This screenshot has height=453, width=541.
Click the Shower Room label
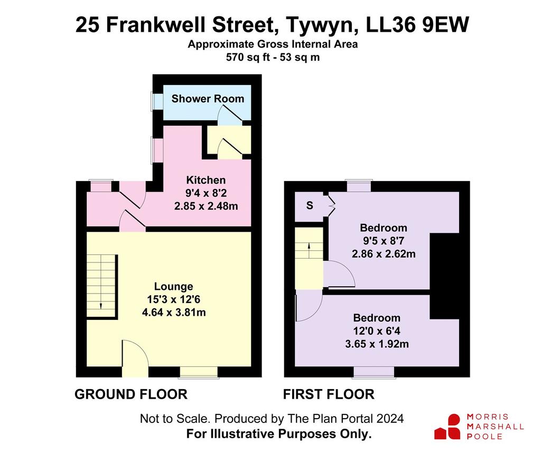(x=208, y=99)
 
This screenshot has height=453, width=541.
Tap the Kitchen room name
(x=206, y=180)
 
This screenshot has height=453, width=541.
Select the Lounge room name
(x=173, y=287)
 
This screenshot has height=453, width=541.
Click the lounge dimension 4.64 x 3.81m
(x=174, y=313)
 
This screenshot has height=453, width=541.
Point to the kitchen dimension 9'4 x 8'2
(x=206, y=193)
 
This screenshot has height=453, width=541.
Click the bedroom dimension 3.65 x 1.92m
(x=377, y=344)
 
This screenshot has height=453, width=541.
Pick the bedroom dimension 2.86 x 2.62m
(x=384, y=254)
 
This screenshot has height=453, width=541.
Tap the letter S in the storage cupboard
(x=310, y=205)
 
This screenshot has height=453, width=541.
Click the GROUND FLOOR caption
(x=131, y=394)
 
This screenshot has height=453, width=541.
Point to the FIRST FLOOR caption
(x=329, y=394)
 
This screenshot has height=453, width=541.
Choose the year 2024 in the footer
(x=390, y=419)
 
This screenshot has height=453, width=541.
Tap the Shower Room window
(x=157, y=101)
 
